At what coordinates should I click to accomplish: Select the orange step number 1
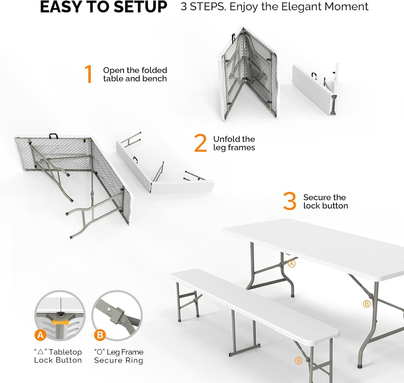(x=89, y=74)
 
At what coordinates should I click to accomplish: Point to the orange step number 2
(x=200, y=143)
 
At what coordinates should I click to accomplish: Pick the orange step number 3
(x=290, y=201)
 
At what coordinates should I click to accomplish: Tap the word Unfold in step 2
(x=226, y=139)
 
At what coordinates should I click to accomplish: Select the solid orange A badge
(x=40, y=335)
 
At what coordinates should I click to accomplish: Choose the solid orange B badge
(x=100, y=335)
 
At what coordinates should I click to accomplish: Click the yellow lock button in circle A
(x=60, y=322)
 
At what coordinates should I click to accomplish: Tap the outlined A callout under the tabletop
(x=292, y=264)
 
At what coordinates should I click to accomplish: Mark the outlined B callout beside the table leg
(x=366, y=304)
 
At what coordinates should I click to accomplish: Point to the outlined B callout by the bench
(x=298, y=361)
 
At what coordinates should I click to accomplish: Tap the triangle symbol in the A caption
(x=41, y=352)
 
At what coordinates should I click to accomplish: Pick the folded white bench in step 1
(x=315, y=90)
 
